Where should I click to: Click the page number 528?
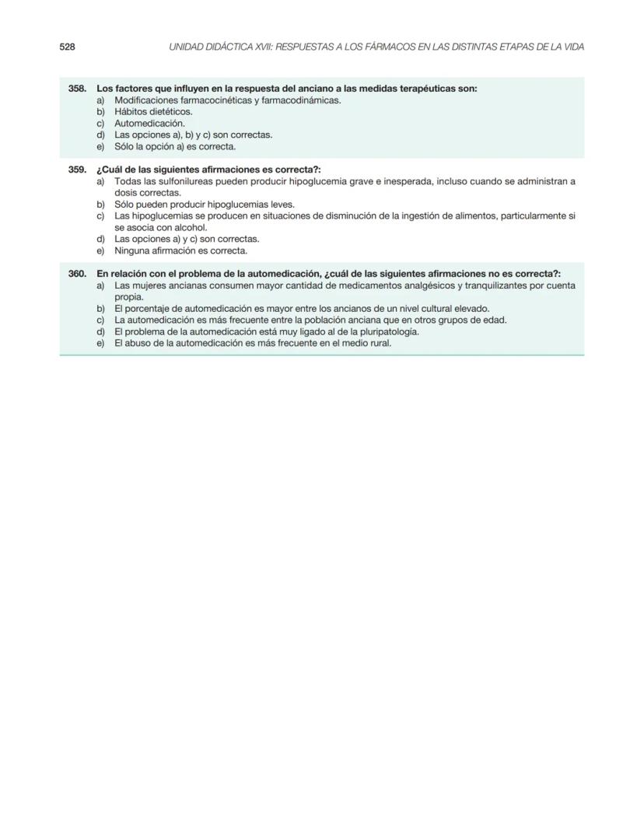[67, 47]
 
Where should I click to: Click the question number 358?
[77, 89]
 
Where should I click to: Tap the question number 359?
[77, 170]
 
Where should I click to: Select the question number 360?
[77, 274]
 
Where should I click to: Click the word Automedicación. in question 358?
[149, 123]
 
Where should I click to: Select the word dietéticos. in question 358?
[171, 111]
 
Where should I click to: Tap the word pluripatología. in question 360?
[386, 331]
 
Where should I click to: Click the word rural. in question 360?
[379, 343]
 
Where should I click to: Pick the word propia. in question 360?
[129, 296]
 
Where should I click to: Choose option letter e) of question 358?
[100, 146]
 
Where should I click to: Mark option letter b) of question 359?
[100, 205]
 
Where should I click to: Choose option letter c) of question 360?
[100, 320]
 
